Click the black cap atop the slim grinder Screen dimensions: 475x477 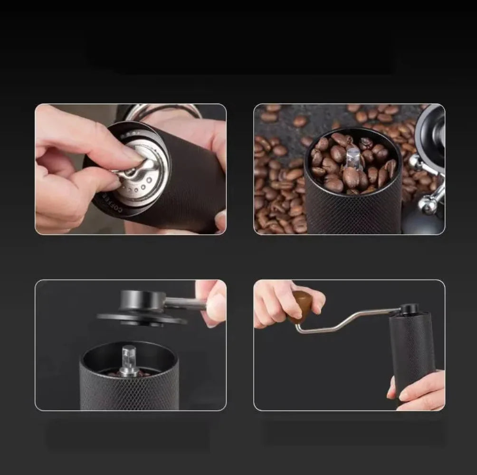409,309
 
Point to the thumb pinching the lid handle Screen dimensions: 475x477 216,306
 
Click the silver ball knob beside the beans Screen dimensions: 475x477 429,204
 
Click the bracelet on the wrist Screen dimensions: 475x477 164,110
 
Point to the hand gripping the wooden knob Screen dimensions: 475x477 280,304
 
